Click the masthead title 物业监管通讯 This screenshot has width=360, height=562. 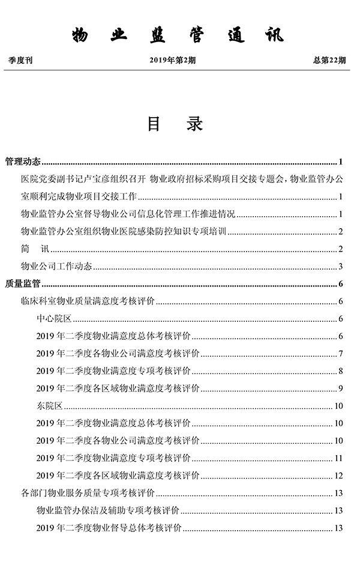[178, 35]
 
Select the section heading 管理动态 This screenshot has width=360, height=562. [22, 162]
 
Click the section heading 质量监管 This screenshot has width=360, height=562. [22, 284]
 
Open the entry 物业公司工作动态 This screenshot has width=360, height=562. [56, 267]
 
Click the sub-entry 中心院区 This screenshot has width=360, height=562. [54, 319]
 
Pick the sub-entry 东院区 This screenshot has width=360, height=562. [50, 406]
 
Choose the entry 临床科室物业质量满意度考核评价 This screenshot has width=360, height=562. [88, 301]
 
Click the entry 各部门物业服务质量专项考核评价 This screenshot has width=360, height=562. [88, 494]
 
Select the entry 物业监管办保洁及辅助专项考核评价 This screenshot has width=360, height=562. [107, 511]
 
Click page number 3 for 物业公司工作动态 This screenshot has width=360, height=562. [340, 267]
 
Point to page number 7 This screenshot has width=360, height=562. [340, 354]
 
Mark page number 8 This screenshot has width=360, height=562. [340, 371]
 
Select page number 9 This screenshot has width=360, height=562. [340, 388]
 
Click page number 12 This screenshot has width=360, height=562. [338, 476]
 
